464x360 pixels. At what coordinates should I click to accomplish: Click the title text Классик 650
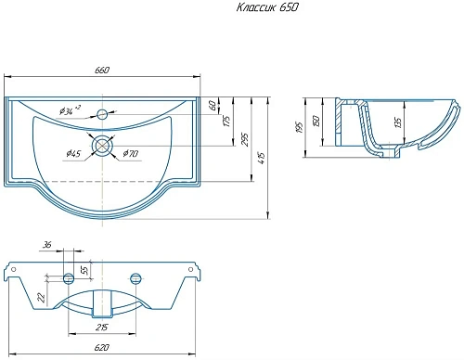pyautogui.click(x=267, y=7)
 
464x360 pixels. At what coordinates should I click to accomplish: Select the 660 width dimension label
pyautogui.click(x=102, y=71)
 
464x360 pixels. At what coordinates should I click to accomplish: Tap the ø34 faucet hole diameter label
pyautogui.click(x=70, y=110)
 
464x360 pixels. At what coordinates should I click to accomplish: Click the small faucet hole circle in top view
pyautogui.click(x=102, y=114)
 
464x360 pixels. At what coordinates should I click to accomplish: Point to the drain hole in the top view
pyautogui.click(x=102, y=146)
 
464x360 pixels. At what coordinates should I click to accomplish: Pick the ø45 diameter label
pyautogui.click(x=73, y=153)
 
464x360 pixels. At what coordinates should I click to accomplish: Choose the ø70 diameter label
pyautogui.click(x=130, y=153)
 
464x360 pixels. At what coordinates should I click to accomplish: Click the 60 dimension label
pyautogui.click(x=213, y=105)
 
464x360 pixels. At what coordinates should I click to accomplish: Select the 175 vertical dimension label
pyautogui.click(x=226, y=122)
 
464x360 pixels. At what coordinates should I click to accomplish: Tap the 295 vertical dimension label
pyautogui.click(x=244, y=140)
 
